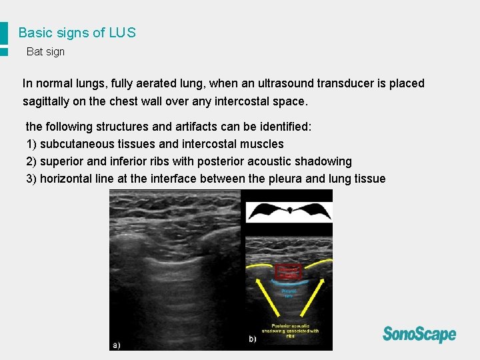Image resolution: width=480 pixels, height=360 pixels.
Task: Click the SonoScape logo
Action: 419,334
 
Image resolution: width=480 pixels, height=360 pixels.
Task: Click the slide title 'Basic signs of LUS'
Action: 77,33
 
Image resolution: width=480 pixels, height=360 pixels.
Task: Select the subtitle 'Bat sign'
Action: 45,52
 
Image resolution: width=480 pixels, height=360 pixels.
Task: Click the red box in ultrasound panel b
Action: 289,272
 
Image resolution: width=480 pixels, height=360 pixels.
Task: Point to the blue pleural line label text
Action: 289,293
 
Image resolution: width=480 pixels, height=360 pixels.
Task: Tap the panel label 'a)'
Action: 117,345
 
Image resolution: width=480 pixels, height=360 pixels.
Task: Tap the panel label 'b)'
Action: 253,339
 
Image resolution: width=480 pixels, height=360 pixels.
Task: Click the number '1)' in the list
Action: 32,144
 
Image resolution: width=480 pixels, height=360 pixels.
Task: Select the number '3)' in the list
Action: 32,179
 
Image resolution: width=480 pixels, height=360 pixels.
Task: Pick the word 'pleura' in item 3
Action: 285,179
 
